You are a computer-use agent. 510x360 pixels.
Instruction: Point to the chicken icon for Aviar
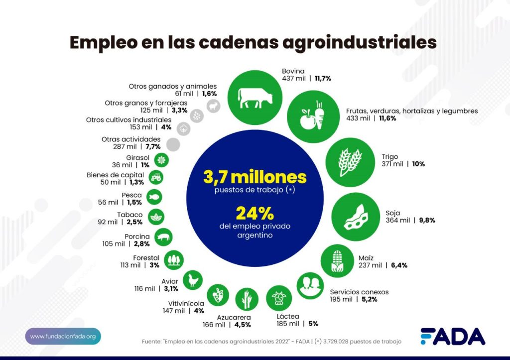(x=192, y=280)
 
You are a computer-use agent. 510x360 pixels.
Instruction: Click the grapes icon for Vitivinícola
(x=218, y=295)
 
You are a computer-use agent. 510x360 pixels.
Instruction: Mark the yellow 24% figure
(x=255, y=213)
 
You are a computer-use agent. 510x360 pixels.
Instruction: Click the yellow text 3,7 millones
(x=255, y=177)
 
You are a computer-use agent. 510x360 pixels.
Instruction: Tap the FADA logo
(x=452, y=337)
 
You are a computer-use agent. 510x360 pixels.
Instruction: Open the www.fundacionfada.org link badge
(x=63, y=337)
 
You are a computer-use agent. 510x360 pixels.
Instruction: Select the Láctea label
(x=288, y=316)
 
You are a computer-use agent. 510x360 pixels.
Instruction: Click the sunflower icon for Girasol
(x=160, y=159)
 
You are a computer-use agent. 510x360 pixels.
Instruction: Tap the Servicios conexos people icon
(x=310, y=285)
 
